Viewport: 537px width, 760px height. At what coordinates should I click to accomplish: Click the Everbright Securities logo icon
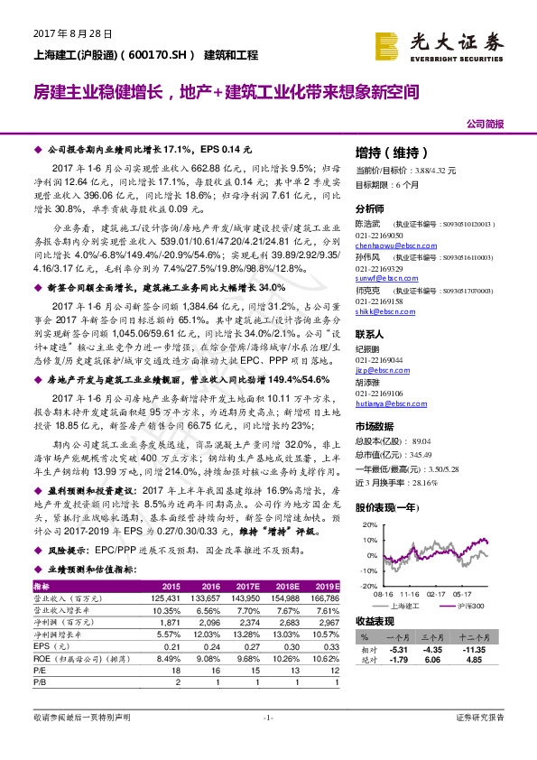(387, 42)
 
